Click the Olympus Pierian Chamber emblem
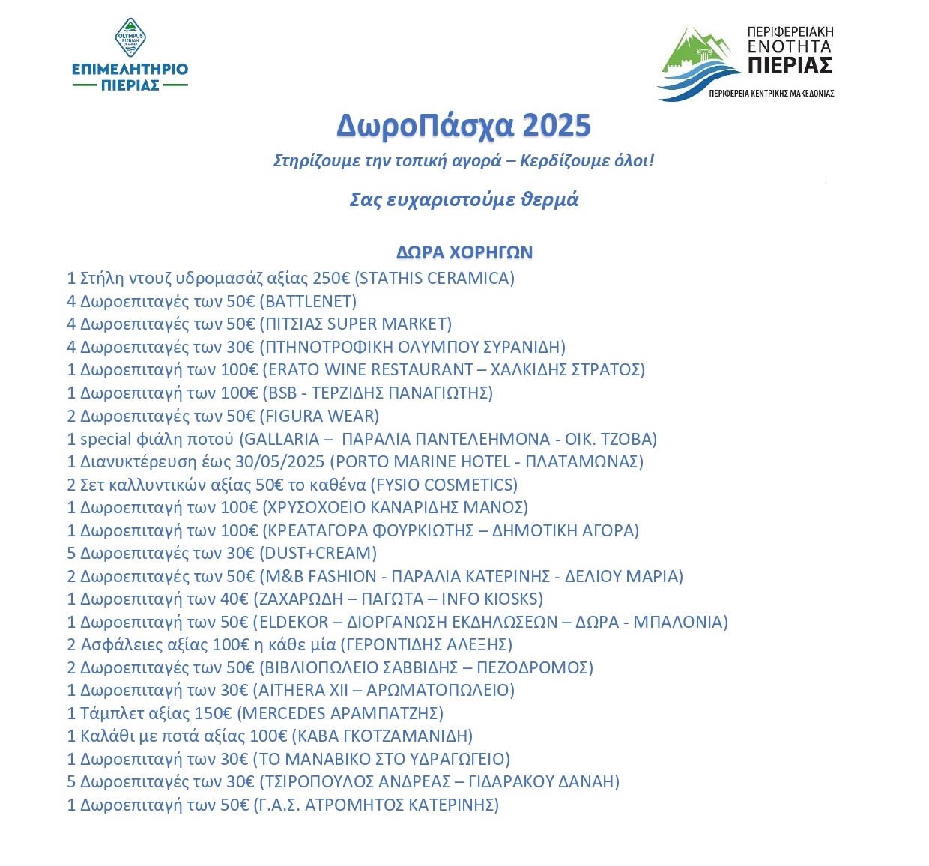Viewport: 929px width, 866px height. pos(130,38)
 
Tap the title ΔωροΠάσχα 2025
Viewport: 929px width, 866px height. pos(464,126)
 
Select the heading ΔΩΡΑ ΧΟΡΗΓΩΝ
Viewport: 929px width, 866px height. pos(464,252)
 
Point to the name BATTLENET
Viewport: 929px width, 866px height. pos(308,302)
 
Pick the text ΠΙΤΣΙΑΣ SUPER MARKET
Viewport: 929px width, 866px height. pos(356,324)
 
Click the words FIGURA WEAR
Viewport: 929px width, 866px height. pos(321,416)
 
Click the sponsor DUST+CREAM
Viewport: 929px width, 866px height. pos(318,553)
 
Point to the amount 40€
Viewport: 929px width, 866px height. pos(234,599)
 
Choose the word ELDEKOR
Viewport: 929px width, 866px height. pos(294,622)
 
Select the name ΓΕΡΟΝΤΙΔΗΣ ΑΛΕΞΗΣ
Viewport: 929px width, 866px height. pos(426,644)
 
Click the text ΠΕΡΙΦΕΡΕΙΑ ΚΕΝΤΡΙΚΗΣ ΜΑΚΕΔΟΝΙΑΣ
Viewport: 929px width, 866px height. pos(771,94)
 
